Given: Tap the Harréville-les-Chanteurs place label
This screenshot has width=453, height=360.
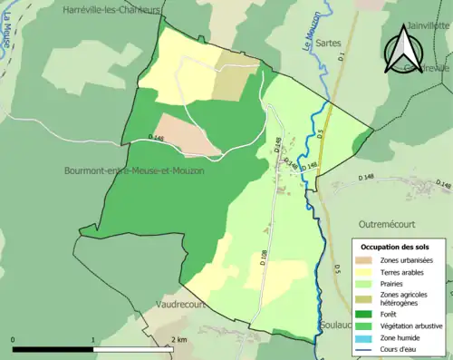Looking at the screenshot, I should [112, 9].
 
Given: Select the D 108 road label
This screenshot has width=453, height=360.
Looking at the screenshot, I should [263, 258].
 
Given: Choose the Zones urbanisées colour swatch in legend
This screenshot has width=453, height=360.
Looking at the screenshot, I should [369, 260].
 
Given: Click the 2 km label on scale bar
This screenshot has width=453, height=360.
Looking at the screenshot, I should [178, 339].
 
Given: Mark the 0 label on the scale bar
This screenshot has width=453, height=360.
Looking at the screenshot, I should [14, 339].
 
